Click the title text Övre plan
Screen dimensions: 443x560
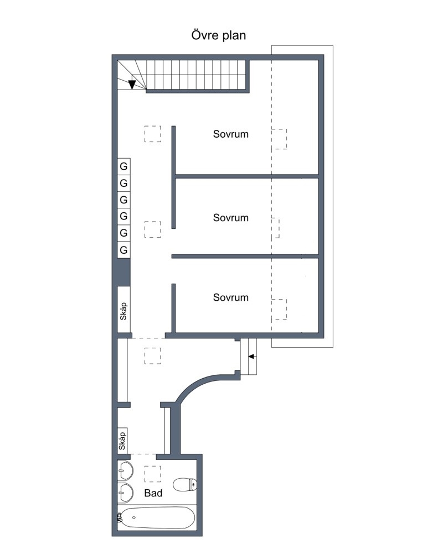tap(218, 35)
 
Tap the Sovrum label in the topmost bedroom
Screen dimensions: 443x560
tap(231, 134)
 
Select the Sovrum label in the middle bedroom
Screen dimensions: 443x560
tap(231, 218)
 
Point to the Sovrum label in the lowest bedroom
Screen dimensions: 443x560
tap(231, 297)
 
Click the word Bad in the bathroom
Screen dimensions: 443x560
tap(153, 493)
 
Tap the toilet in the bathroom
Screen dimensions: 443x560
tap(184, 484)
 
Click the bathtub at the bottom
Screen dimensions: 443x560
tap(157, 517)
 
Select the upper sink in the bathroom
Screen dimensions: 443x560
tap(125, 470)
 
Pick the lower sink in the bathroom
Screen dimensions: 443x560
tap(125, 493)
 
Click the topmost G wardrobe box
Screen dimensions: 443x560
tap(124, 166)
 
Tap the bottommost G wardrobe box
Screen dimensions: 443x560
tap(124, 250)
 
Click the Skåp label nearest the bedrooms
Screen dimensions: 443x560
tap(123, 311)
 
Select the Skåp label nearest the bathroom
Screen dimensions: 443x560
tap(122, 441)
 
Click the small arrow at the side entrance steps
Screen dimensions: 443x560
tap(251, 357)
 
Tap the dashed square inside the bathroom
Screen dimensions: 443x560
tap(152, 474)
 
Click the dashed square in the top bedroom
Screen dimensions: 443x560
tap(279, 139)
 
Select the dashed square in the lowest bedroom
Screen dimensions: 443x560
tap(279, 309)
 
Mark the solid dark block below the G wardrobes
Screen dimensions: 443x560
tap(124, 272)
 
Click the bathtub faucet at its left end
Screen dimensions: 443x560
tap(119, 517)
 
